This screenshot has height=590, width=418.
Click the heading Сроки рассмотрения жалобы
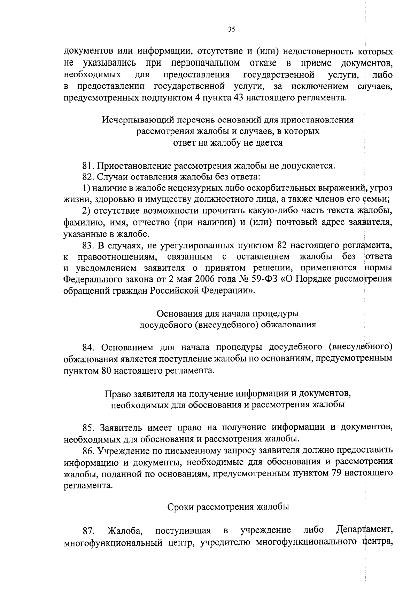228,507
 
